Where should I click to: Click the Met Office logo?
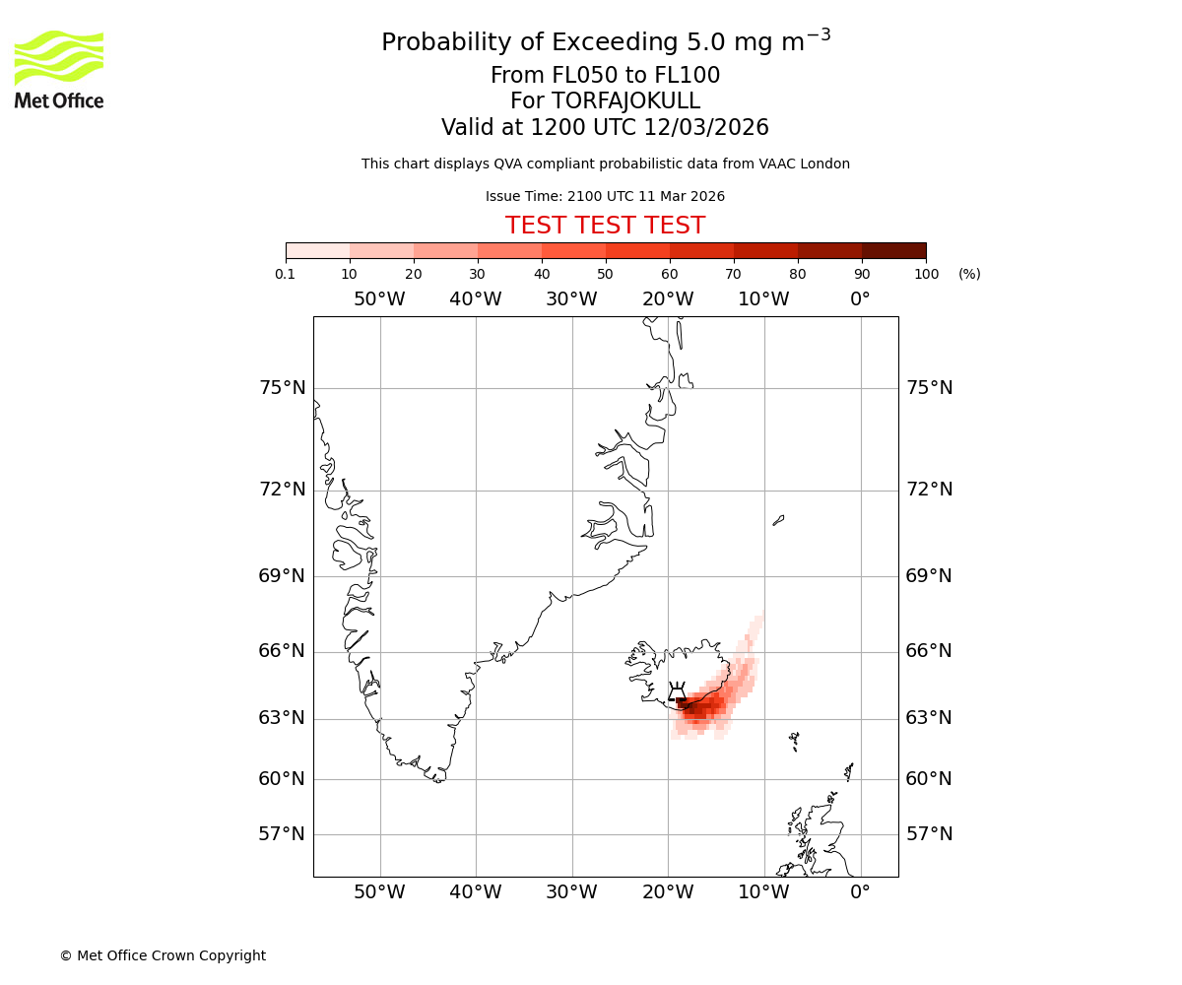(x=59, y=69)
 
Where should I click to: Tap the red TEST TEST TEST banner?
(x=605, y=226)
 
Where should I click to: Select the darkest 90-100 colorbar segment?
(x=893, y=250)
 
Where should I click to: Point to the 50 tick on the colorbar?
(x=605, y=274)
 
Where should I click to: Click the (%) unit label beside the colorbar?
(x=969, y=274)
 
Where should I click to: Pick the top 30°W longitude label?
(x=571, y=299)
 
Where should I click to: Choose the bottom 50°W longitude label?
(x=379, y=892)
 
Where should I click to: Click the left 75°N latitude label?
(x=282, y=388)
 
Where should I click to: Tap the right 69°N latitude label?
(x=929, y=576)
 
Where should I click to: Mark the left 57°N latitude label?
(x=282, y=834)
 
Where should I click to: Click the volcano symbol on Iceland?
(x=677, y=691)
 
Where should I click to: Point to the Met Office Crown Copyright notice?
(x=163, y=955)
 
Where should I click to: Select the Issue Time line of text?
(x=605, y=196)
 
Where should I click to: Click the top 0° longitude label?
(x=860, y=299)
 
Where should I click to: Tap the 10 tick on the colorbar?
(x=350, y=274)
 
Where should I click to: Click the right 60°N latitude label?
(x=929, y=779)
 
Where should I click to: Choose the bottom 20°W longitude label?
(x=668, y=892)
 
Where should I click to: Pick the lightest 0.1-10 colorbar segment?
(x=317, y=250)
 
